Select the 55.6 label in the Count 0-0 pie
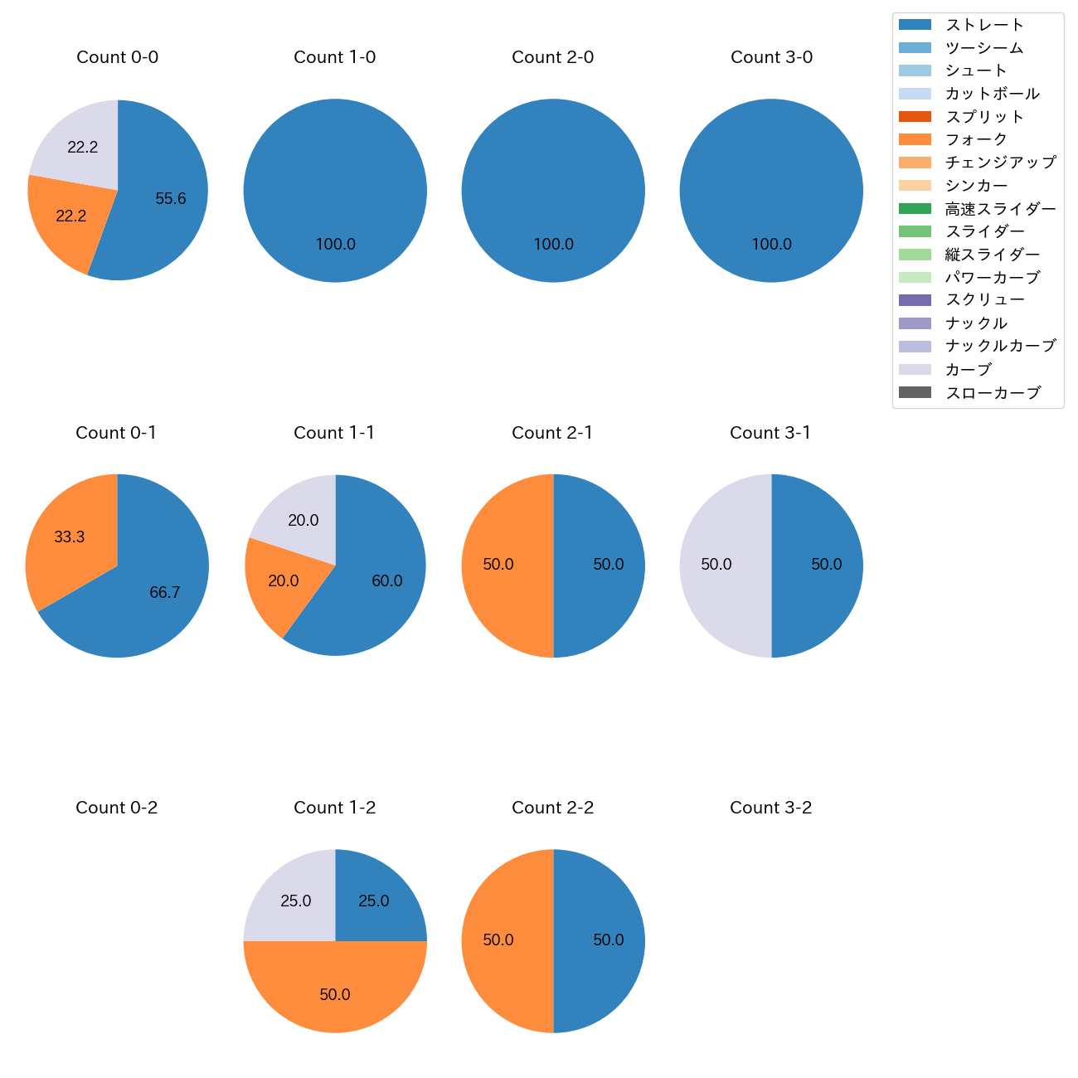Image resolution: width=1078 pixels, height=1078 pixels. pos(171,199)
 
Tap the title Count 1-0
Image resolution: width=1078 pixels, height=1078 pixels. pos(335,57)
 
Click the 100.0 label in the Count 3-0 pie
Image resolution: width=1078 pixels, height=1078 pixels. pos(771,245)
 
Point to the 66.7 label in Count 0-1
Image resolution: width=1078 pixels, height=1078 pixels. pos(165,593)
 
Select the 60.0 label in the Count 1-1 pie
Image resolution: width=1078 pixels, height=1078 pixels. pos(387,581)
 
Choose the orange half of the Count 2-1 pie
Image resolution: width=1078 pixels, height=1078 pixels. pos(502,566)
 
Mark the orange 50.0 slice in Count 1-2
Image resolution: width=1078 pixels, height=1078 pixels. pos(335,991)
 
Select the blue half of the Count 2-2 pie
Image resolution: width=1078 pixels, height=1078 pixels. pos(604,940)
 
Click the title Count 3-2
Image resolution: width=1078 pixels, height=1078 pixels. pos(770,808)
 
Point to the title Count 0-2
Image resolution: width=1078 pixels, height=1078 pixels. pos(117,808)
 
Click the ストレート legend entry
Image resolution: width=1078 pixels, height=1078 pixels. pos(984,25)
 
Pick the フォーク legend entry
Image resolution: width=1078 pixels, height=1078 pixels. pos(976,139)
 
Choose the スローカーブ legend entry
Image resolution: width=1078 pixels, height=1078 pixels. pos(993,393)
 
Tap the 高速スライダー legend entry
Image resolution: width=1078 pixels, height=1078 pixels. pos(1000,209)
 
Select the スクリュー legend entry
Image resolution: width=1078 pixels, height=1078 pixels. pos(984,300)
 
